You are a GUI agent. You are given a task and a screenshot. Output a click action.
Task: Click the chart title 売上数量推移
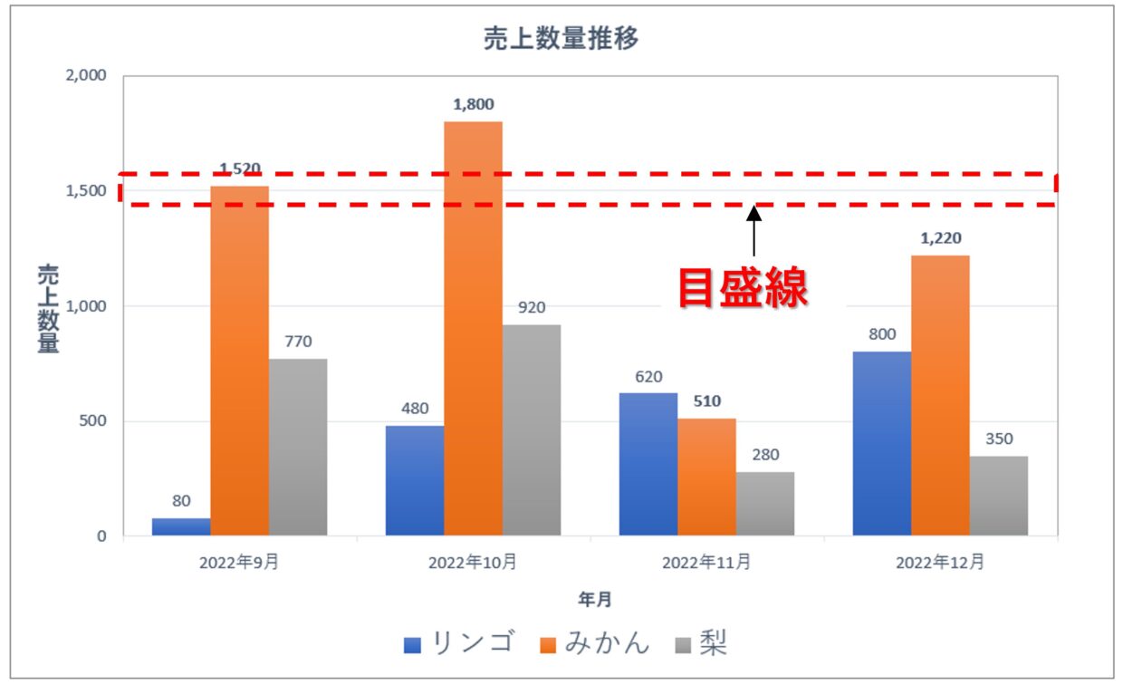point(562,39)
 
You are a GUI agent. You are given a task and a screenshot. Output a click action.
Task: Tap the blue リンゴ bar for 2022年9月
point(181,526)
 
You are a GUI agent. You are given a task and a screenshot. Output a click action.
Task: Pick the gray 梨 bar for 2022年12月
point(998,495)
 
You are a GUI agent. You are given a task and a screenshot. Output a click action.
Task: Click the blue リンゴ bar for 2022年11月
point(648,463)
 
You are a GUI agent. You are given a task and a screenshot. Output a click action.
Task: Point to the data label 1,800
point(474,104)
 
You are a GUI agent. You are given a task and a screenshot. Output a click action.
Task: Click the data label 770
point(298,342)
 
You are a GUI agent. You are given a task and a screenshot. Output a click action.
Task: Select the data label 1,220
point(940,238)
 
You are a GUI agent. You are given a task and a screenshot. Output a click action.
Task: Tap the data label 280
point(764,455)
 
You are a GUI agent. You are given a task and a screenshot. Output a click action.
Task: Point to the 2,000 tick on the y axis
point(87,76)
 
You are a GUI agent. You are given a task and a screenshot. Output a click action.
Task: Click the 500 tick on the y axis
point(92,421)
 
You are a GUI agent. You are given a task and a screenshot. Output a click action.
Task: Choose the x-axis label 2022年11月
point(706,563)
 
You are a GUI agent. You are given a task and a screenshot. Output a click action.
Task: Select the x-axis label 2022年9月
point(239,563)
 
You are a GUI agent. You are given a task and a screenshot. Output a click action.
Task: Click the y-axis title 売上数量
point(48,308)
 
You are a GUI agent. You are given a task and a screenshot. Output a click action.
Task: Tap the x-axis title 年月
point(595,599)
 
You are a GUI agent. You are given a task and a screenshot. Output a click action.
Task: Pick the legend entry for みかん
point(607,643)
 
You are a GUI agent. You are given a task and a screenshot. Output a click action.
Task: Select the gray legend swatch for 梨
point(684,645)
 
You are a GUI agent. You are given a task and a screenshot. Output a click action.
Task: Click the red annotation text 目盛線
point(744,288)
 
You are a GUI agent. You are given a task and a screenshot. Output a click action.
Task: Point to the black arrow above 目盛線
point(753,233)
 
